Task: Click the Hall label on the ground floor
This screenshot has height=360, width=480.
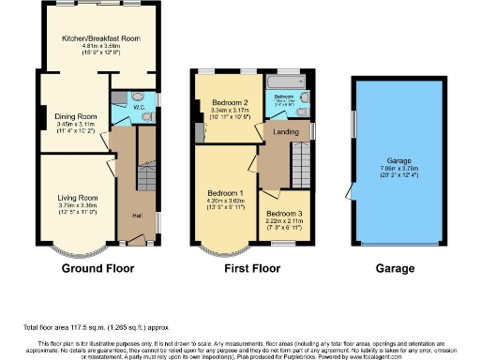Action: click(x=136, y=216)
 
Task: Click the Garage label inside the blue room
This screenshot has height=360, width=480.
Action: click(x=400, y=161)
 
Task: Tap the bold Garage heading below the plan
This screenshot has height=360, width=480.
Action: click(x=395, y=268)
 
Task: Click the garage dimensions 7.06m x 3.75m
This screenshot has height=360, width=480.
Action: click(x=400, y=169)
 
